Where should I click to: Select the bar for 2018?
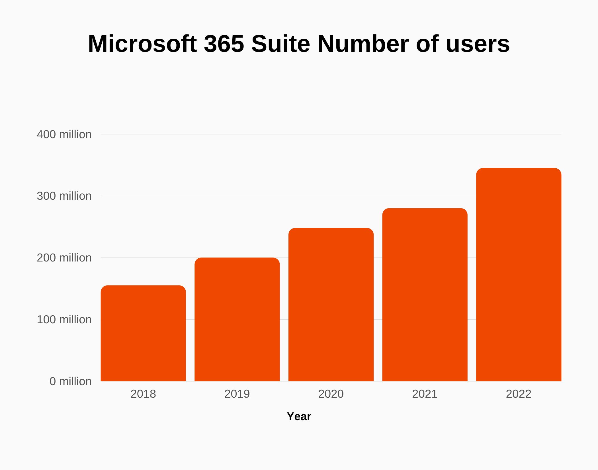click(143, 333)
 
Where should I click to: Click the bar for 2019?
click(237, 319)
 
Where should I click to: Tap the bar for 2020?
click(331, 305)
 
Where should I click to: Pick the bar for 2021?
click(425, 295)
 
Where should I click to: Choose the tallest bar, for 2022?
click(519, 275)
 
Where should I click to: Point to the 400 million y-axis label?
click(64, 134)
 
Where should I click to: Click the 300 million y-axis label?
click(64, 196)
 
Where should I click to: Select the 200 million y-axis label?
click(64, 258)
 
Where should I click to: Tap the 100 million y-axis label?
click(64, 320)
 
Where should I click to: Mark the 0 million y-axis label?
click(70, 381)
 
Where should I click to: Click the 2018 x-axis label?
click(143, 394)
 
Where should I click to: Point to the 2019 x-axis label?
click(237, 394)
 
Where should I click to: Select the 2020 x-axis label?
click(331, 394)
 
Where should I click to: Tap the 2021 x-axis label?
click(425, 394)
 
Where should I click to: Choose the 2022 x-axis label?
click(519, 394)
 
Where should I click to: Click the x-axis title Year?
click(299, 416)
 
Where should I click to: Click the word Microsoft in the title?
click(142, 44)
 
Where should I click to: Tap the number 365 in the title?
click(224, 44)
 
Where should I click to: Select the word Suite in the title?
click(280, 44)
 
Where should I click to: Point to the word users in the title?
click(478, 44)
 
